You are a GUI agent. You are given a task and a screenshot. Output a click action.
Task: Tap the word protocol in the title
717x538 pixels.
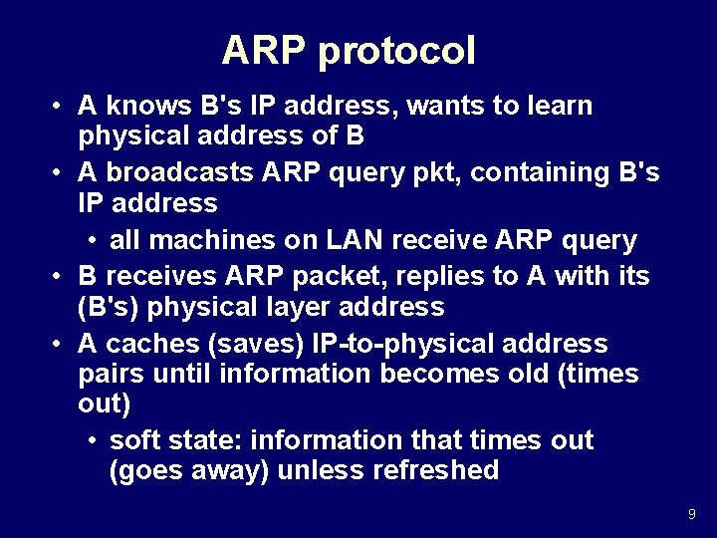point(396,52)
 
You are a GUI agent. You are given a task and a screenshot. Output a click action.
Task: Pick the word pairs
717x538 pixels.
point(109,375)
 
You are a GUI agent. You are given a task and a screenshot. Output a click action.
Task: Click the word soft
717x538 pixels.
point(139,440)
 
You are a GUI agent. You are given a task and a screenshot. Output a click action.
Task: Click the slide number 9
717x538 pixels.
point(691,514)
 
